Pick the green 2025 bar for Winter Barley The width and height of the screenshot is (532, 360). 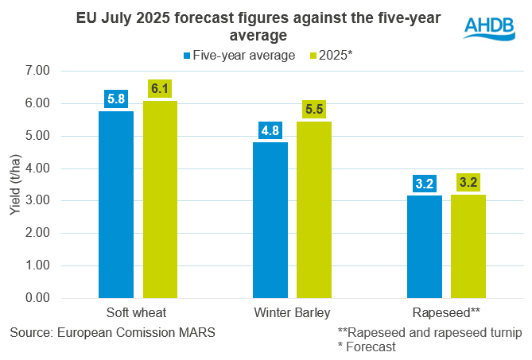tap(314, 210)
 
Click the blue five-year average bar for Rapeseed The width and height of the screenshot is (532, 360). tap(424, 246)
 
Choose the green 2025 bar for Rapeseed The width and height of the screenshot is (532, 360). tap(468, 246)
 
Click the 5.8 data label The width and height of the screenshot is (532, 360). tap(116, 100)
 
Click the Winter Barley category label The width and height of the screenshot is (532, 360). tap(292, 312)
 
